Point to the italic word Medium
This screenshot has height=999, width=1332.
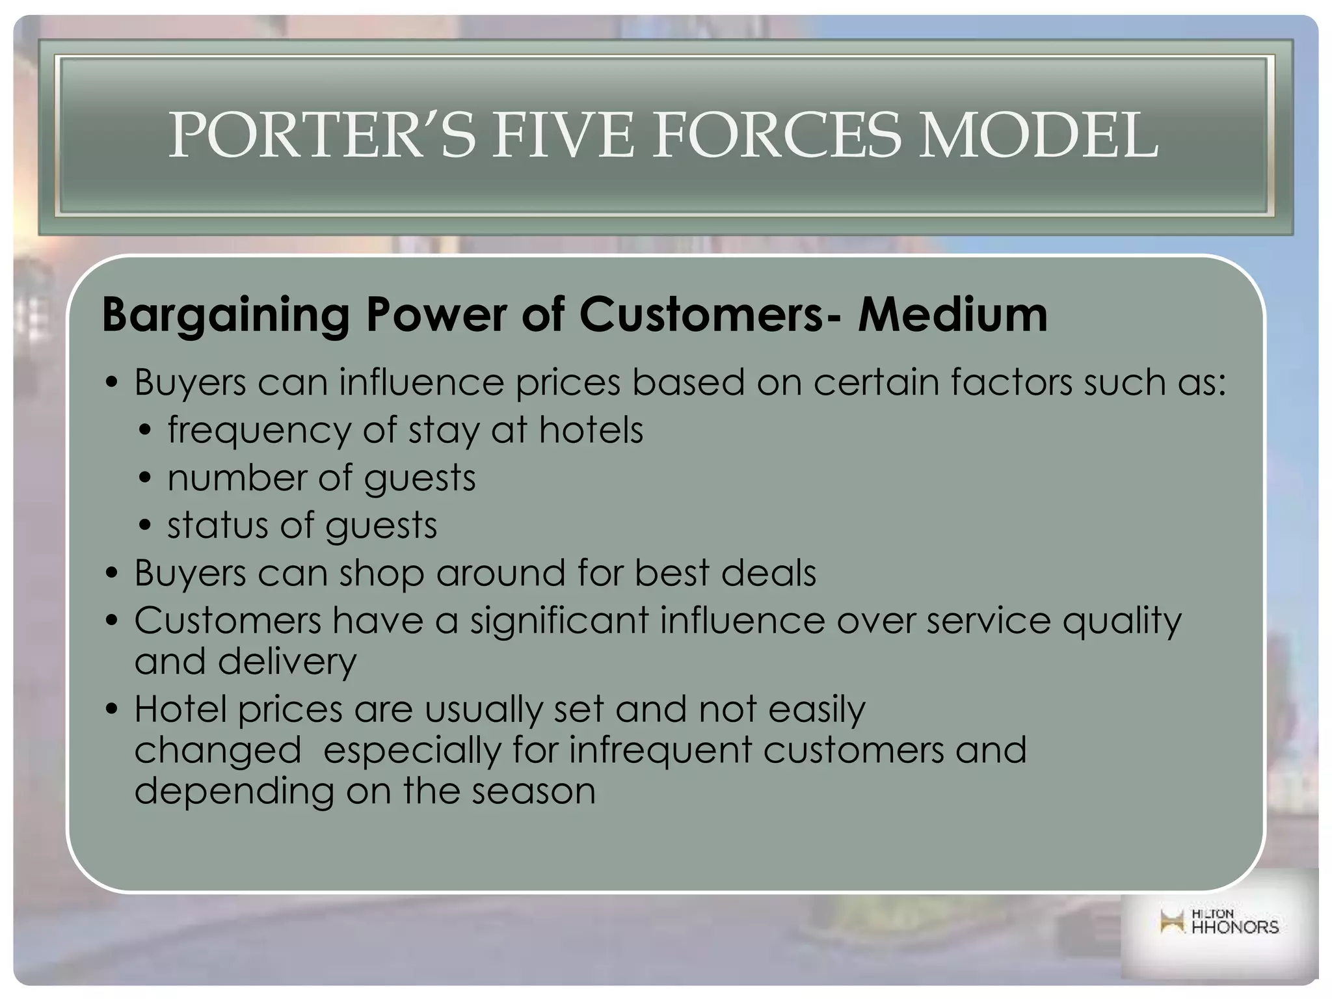(x=952, y=315)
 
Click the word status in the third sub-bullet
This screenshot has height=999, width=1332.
(x=217, y=526)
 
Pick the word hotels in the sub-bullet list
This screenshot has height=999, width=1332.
(x=591, y=430)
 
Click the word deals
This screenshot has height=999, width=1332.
(x=768, y=573)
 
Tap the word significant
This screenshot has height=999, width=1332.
(x=559, y=622)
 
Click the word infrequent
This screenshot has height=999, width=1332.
(x=660, y=751)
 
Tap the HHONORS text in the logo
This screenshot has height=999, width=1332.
(x=1234, y=927)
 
